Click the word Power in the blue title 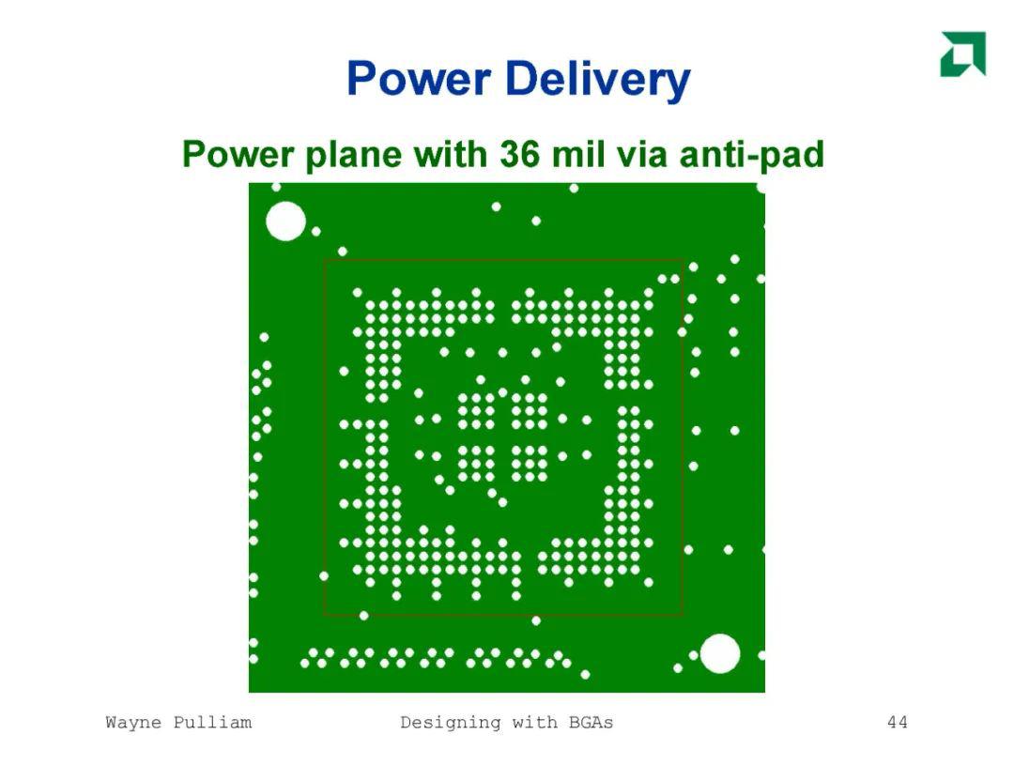419,78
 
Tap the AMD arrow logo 963,54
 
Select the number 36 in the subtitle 519,154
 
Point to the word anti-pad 751,155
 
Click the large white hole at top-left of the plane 285,221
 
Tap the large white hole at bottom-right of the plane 720,654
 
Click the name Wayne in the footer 133,723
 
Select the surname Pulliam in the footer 213,722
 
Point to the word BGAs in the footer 591,722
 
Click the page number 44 898,722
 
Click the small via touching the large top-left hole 315,231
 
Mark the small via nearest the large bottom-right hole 693,655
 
